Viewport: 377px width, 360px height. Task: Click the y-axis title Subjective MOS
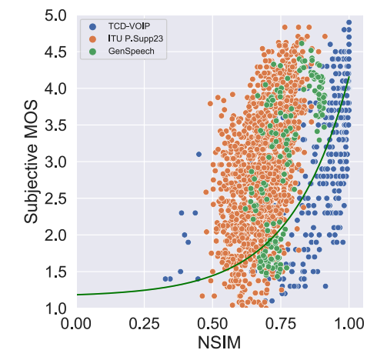tap(30, 162)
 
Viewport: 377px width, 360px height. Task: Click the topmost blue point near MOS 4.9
tap(349, 23)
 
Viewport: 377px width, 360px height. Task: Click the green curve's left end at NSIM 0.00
tap(78, 295)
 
